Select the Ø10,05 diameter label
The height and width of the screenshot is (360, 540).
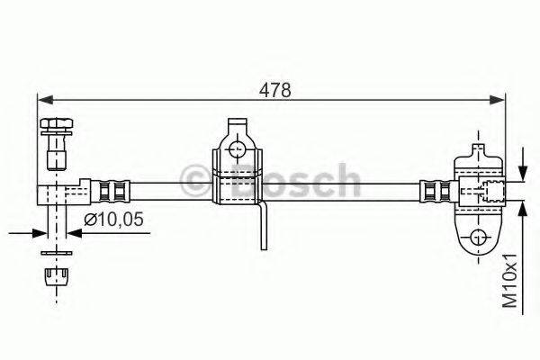click(112, 219)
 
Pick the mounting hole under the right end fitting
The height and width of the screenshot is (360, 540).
click(476, 238)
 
